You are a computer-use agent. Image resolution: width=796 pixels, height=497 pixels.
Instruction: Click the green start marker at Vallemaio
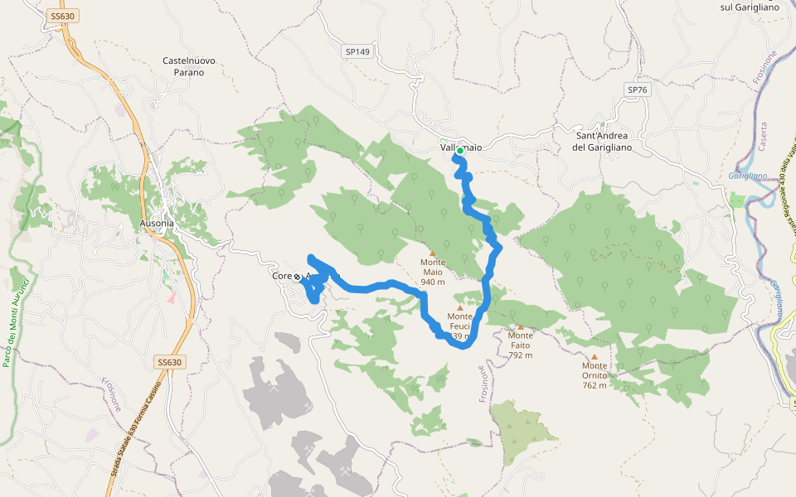(459, 151)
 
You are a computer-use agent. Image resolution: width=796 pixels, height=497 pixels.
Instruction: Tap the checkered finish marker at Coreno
(297, 276)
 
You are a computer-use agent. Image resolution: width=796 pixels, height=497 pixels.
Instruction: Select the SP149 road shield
(357, 51)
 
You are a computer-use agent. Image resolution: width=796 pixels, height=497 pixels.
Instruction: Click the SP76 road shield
(637, 89)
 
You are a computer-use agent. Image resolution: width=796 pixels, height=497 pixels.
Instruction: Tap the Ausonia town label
(157, 224)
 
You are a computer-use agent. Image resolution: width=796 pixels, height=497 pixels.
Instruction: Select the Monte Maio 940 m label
(433, 277)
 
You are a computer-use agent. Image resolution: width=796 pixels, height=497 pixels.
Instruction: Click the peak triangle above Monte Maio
(433, 253)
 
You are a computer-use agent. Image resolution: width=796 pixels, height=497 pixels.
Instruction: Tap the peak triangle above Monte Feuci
(460, 307)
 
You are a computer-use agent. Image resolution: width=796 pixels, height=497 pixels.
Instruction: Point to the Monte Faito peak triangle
(521, 326)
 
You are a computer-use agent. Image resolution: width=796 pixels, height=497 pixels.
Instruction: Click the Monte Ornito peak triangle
(594, 357)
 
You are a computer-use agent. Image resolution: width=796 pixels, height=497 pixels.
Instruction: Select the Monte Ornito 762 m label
(595, 375)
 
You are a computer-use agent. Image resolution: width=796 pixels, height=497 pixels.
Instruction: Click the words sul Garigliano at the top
(750, 7)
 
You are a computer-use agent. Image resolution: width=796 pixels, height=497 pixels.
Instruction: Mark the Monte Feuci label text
(460, 321)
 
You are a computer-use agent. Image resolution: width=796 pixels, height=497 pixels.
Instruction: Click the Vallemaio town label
(461, 147)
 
